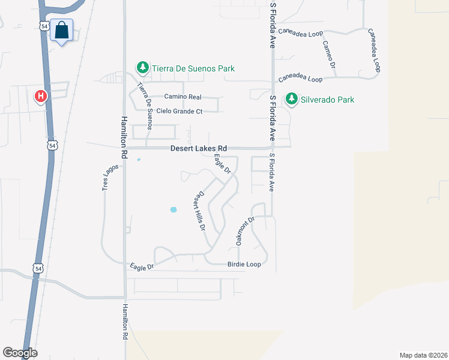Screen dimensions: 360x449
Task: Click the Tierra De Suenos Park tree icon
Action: pyautogui.click(x=142, y=68)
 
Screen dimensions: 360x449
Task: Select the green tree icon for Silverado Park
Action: pyautogui.click(x=292, y=99)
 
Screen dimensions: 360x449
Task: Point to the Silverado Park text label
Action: pyautogui.click(x=328, y=100)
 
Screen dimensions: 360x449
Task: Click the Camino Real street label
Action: pyautogui.click(x=183, y=97)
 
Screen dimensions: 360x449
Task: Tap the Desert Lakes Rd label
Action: pyautogui.click(x=199, y=148)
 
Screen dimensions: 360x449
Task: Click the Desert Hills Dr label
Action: pyautogui.click(x=199, y=212)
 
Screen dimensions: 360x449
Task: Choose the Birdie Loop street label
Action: pyautogui.click(x=244, y=264)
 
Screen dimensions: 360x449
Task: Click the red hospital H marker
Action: pyautogui.click(x=41, y=95)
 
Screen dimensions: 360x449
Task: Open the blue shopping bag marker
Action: pyautogui.click(x=61, y=30)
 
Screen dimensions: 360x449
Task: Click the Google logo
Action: pyautogui.click(x=20, y=353)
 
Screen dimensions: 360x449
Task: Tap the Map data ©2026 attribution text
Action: pyautogui.click(x=423, y=355)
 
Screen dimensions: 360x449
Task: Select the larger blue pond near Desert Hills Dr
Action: pyautogui.click(x=173, y=209)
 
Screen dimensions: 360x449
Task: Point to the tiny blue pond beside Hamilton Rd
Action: pyautogui.click(x=139, y=160)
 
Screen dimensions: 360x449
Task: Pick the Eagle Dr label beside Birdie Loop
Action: pyautogui.click(x=142, y=265)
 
